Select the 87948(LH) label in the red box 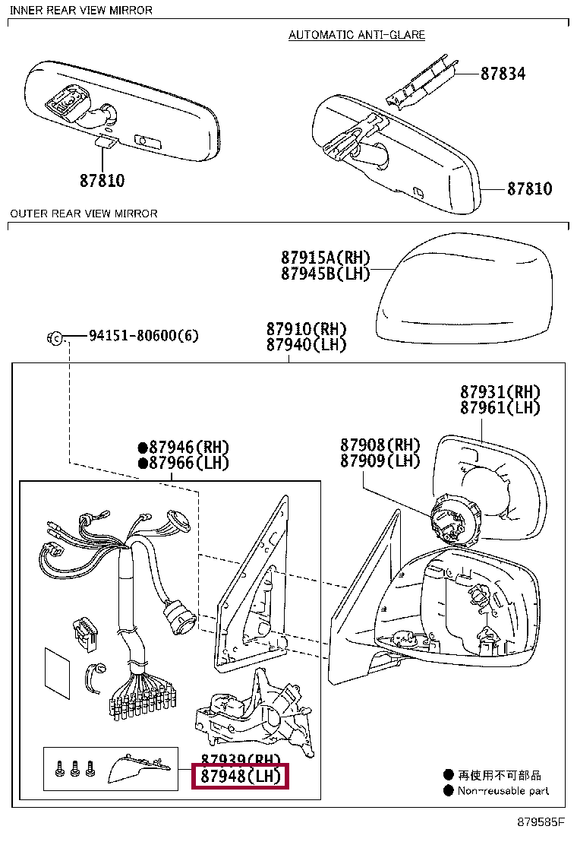pyautogui.click(x=240, y=776)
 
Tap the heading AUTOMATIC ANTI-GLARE pyautogui.click(x=357, y=35)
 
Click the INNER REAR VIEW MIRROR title pyautogui.click(x=81, y=10)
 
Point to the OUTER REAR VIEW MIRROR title pyautogui.click(x=84, y=214)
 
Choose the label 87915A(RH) pyautogui.click(x=325, y=258)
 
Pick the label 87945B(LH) pyautogui.click(x=325, y=274)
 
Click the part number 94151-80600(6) pyautogui.click(x=143, y=335)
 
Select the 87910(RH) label pyautogui.click(x=306, y=329)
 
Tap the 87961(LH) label pyautogui.click(x=500, y=408)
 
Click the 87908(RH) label pyautogui.click(x=380, y=445)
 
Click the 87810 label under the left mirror pyautogui.click(x=102, y=181)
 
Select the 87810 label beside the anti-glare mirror pyautogui.click(x=530, y=188)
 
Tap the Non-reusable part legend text pyautogui.click(x=503, y=791)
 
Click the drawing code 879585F pyautogui.click(x=541, y=823)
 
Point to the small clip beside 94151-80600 pyautogui.click(x=55, y=337)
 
